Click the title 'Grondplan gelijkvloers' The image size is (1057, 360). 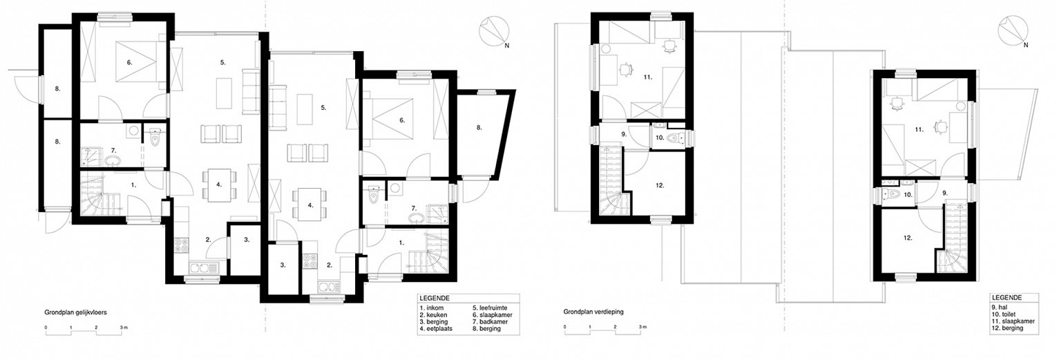tap(76, 312)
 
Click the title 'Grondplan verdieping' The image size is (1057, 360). tap(593, 312)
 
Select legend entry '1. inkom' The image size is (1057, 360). tap(431, 308)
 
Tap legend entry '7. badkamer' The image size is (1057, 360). tap(491, 322)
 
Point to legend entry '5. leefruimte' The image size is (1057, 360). tap(490, 308)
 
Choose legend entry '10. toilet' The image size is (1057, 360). tap(1004, 314)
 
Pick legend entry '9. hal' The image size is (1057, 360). tap(1000, 307)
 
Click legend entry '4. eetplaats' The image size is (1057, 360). tap(436, 328)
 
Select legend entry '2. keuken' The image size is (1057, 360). tap(433, 314)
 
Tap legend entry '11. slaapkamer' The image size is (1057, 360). tap(1013, 321)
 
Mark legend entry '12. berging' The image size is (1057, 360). tap(1007, 328)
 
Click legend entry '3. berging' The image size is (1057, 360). tap(434, 322)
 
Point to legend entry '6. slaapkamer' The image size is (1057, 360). tap(493, 314)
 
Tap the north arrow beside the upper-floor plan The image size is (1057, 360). tap(1013, 31)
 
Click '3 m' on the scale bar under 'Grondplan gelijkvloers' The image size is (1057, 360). tap(124, 327)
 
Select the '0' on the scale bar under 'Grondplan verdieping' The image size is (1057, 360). tap(565, 327)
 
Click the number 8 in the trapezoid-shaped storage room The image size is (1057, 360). tap(479, 127)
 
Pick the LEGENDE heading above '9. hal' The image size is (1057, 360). tap(1007, 298)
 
